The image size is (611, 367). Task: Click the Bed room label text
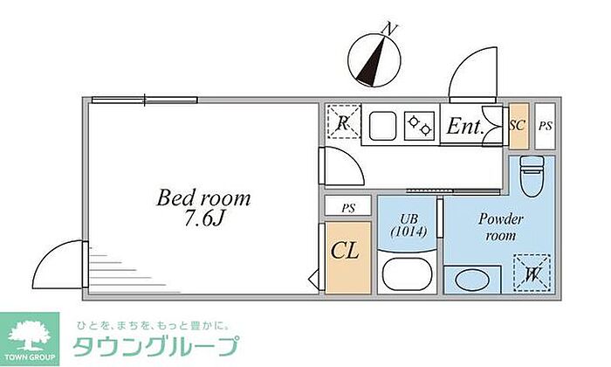(203, 197)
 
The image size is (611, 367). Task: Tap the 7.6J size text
(203, 219)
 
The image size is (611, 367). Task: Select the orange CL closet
(347, 258)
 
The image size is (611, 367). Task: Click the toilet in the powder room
(532, 177)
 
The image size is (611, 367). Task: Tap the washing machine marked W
(532, 273)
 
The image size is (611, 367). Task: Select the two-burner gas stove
(419, 126)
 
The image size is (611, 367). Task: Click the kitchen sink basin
(382, 126)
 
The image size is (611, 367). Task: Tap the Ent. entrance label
(465, 126)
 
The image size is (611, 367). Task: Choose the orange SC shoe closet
(518, 126)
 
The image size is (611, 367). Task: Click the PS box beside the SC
(546, 126)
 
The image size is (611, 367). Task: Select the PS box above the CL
(348, 206)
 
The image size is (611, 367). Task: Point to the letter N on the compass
(389, 29)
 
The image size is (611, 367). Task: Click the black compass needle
(371, 62)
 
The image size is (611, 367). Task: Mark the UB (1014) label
(408, 225)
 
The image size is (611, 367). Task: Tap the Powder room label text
(500, 227)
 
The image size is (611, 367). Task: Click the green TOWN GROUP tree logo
(30, 338)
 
